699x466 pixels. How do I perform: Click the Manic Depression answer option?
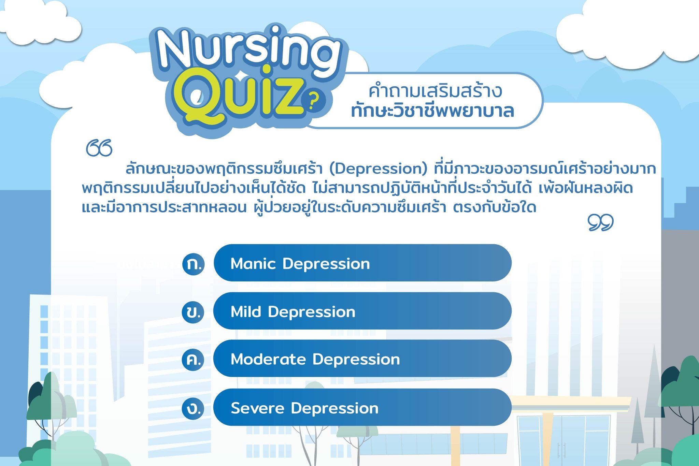coord(362,263)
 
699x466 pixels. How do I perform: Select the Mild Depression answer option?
coord(362,311)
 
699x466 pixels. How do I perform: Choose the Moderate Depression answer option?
coord(362,359)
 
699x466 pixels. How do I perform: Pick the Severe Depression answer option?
coord(362,407)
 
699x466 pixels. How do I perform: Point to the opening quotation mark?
coord(99,148)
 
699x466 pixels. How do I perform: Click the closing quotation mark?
coord(601,222)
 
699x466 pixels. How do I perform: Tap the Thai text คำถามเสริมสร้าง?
coord(436,91)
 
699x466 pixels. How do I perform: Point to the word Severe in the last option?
coord(257,408)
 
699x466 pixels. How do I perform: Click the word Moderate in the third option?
coord(268,359)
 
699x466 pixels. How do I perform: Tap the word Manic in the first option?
coord(253,263)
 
